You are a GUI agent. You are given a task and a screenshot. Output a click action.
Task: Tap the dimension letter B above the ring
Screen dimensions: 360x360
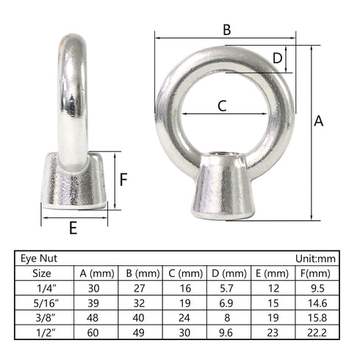(227, 30)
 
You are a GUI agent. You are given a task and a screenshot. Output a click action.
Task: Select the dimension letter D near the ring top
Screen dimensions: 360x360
(278, 58)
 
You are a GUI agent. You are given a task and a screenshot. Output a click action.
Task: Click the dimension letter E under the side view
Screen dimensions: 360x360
(73, 228)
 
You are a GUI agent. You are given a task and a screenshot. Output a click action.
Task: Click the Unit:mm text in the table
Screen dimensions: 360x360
(315, 259)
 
